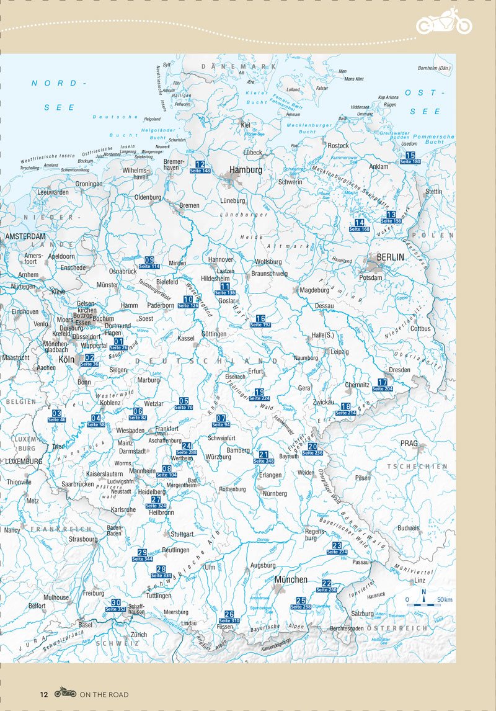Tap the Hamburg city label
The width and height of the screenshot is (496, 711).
[x=246, y=169]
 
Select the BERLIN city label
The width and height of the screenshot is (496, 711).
[x=390, y=257]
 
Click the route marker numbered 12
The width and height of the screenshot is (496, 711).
[x=200, y=167]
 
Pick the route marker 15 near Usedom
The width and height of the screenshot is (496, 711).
[x=410, y=158]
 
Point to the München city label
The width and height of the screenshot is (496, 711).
[x=291, y=579]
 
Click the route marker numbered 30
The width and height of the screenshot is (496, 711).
[x=116, y=606]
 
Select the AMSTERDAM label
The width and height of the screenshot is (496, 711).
[x=26, y=237]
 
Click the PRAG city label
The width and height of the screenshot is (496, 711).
[x=409, y=444]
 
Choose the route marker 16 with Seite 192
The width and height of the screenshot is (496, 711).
[x=260, y=321]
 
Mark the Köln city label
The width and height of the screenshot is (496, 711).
[x=66, y=359]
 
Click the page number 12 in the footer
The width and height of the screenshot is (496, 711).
[x=44, y=694]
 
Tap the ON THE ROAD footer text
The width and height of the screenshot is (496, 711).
[x=104, y=694]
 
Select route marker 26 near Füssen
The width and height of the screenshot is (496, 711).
[x=229, y=617]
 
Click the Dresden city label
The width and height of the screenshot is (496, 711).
[x=399, y=370]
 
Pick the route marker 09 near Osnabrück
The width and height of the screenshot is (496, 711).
[x=149, y=262]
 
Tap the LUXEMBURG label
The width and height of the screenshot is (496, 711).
[x=24, y=462]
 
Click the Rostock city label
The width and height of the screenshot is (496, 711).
[x=338, y=146]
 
